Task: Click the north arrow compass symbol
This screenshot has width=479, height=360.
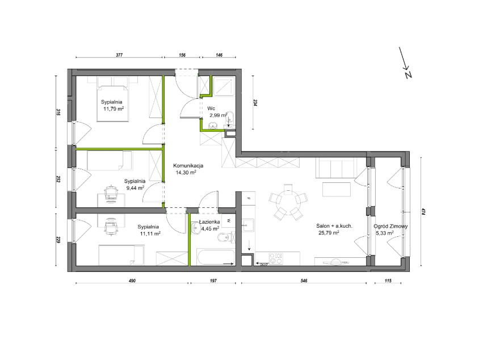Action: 406,63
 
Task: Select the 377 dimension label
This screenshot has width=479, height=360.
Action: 119,55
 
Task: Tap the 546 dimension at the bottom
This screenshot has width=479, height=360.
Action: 304,281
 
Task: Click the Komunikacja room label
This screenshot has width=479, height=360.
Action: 188,166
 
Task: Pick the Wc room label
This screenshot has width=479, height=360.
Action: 211,108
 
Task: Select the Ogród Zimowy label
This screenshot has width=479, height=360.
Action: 390,227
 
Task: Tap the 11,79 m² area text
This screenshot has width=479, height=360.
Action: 114,108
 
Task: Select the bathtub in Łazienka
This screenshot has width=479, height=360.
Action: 216,258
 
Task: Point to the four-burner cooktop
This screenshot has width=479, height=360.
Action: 276,258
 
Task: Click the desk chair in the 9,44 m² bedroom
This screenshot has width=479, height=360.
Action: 111,193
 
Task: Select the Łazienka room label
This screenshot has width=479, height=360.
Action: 209,222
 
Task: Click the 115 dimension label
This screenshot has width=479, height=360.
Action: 388,281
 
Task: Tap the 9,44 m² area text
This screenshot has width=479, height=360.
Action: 135,188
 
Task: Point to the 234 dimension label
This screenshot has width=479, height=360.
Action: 255,103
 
